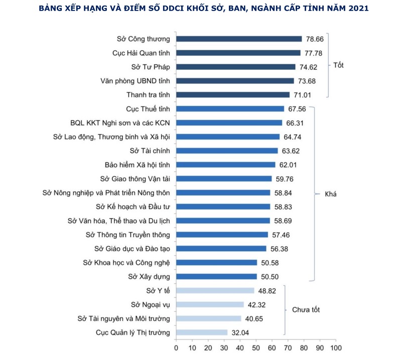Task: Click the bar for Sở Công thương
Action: click(238, 39)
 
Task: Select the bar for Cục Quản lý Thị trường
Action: click(201, 332)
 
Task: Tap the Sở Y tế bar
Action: click(215, 290)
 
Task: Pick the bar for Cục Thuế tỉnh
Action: click(230, 108)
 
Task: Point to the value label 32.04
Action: click(240, 332)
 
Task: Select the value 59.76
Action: click(284, 178)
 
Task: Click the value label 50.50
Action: click(269, 276)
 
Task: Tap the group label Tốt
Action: click(339, 65)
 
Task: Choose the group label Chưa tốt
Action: click(306, 310)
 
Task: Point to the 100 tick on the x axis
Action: click(336, 347)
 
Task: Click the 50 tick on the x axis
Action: click(256, 347)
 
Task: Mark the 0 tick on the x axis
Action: click(176, 347)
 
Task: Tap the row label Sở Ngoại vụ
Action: click(151, 304)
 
